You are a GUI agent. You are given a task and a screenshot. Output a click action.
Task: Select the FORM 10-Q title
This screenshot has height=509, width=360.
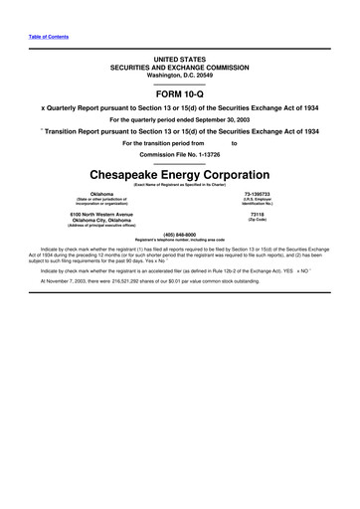[179, 91]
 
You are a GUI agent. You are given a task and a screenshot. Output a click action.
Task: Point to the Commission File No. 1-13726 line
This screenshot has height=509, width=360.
[179, 156]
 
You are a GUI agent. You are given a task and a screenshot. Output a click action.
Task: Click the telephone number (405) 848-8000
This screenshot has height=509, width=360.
[179, 235]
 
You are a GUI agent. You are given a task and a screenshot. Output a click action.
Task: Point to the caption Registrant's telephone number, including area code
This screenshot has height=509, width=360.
[179, 241]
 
